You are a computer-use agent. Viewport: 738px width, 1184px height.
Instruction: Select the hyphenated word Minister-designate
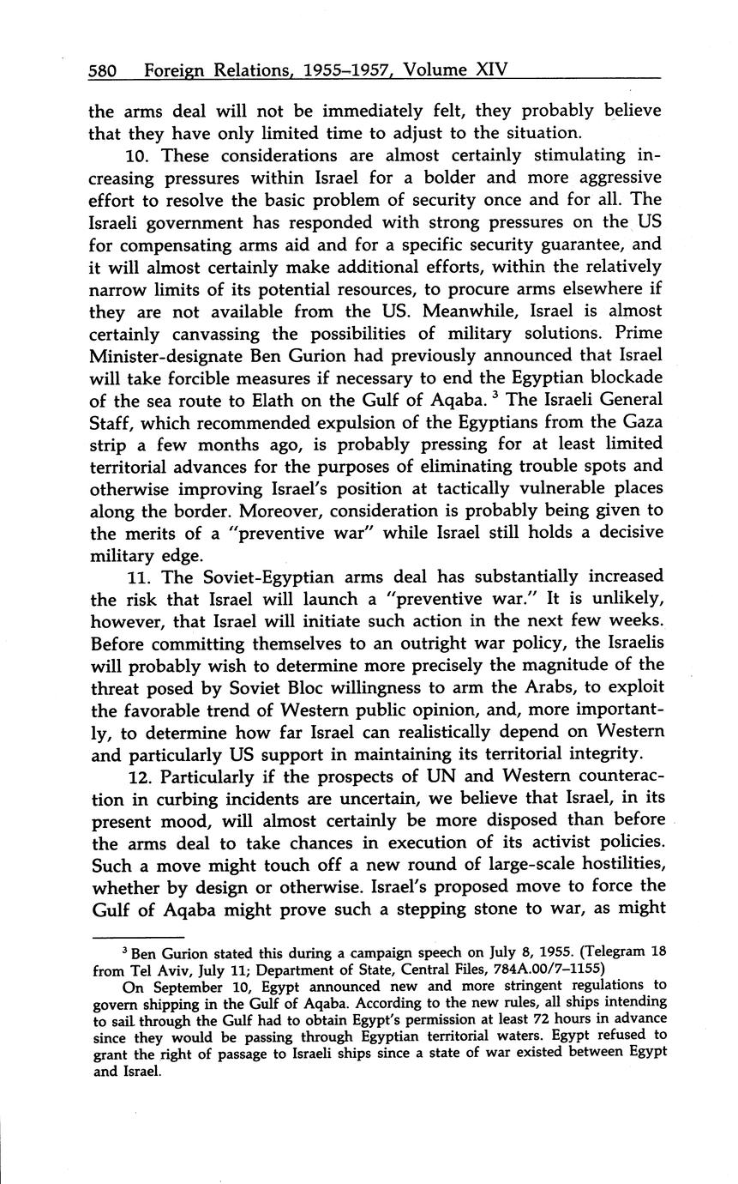(x=166, y=356)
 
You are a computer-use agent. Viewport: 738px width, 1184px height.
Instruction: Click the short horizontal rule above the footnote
(x=137, y=937)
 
